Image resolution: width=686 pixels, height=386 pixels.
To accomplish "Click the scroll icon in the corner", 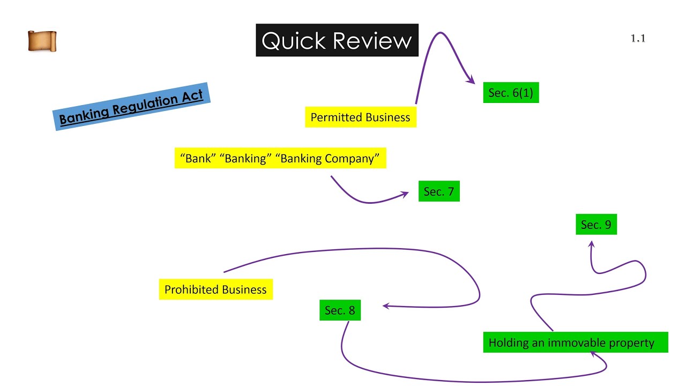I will (x=42, y=41).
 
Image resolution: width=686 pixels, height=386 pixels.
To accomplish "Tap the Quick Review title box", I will (x=337, y=40).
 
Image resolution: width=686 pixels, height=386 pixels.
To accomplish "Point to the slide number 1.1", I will (x=638, y=38).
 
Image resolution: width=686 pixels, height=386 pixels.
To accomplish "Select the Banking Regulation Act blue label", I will (x=131, y=107).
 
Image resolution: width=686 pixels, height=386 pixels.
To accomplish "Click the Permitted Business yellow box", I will (x=360, y=117).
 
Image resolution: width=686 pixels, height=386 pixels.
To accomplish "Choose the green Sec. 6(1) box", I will (x=511, y=93).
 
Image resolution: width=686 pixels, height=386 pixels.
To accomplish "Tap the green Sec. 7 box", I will (x=439, y=191).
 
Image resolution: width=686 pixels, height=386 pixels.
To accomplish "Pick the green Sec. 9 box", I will (x=596, y=225).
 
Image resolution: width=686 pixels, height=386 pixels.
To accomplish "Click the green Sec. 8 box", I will (x=340, y=310).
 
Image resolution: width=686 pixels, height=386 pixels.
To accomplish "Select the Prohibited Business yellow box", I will (x=215, y=289).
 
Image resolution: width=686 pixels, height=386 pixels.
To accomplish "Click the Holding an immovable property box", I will (x=575, y=343).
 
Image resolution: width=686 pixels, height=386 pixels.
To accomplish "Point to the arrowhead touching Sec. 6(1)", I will (x=472, y=81).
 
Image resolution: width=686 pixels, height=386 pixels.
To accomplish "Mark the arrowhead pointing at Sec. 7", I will (x=406, y=195).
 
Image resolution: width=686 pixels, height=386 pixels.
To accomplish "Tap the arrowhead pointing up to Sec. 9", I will (x=591, y=244).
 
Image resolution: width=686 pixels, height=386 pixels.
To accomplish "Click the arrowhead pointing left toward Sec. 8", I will (x=386, y=306).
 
